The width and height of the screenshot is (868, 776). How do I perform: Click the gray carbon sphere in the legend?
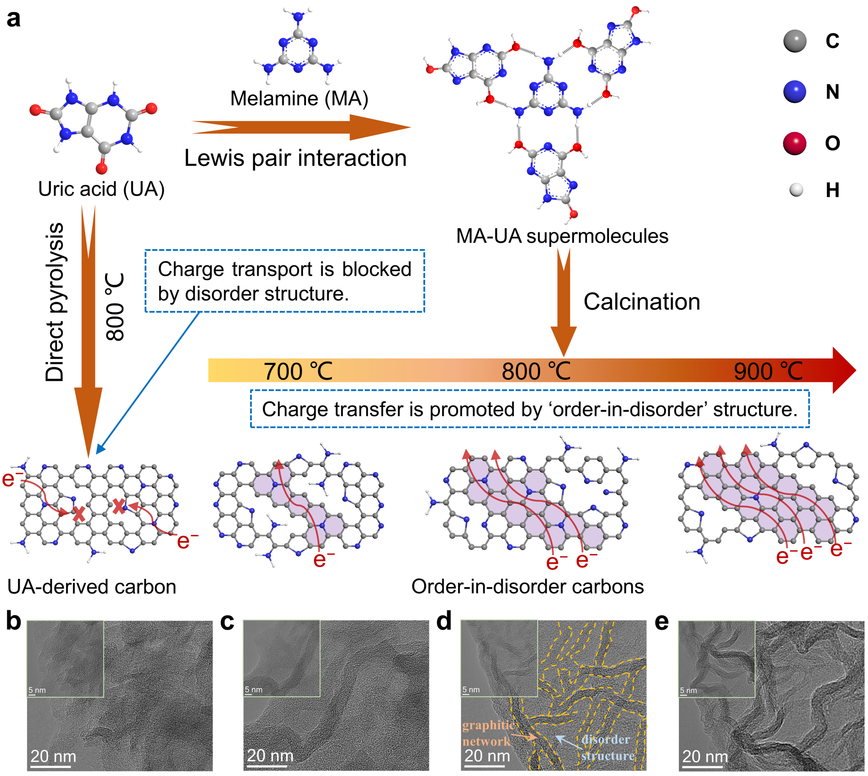[x=794, y=42]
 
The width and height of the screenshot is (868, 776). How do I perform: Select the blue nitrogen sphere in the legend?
[x=794, y=91]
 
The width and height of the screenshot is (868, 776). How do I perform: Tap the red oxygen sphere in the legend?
[x=794, y=143]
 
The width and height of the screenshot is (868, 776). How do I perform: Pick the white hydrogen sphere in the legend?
[x=796, y=190]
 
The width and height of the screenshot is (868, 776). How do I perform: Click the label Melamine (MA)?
[x=299, y=98]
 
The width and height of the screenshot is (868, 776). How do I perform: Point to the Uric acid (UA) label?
[x=101, y=189]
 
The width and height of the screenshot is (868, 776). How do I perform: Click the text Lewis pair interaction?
[x=295, y=158]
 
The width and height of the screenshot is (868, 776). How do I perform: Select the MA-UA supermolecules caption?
[x=562, y=236]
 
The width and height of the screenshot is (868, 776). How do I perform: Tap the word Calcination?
[x=642, y=302]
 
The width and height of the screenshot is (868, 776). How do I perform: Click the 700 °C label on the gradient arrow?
[x=298, y=371]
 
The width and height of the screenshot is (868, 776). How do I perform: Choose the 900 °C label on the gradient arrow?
[x=768, y=371]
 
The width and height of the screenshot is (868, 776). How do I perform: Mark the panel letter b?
[x=14, y=622]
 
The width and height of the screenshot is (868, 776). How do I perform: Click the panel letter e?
[x=661, y=622]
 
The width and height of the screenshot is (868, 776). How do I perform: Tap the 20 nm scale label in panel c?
[x=270, y=756]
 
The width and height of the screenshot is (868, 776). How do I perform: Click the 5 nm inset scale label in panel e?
[x=688, y=690]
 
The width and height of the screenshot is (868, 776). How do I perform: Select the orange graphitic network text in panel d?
[x=488, y=733]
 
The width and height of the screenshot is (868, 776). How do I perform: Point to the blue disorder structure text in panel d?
[x=606, y=748]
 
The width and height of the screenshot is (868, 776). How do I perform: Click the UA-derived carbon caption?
[x=92, y=587]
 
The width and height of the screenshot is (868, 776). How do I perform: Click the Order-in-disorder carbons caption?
[x=527, y=587]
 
